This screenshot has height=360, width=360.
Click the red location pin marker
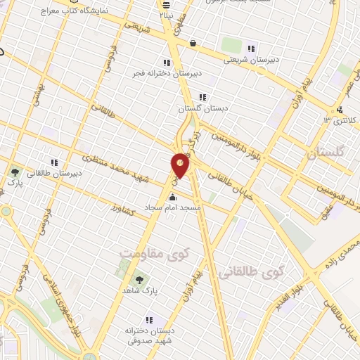180,165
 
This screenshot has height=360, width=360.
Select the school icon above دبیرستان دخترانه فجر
167,62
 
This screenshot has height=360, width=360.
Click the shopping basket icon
192,44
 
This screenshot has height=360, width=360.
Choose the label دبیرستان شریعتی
252,59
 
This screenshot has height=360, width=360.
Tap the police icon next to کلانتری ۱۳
340,109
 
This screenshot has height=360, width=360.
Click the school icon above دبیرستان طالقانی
55,162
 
